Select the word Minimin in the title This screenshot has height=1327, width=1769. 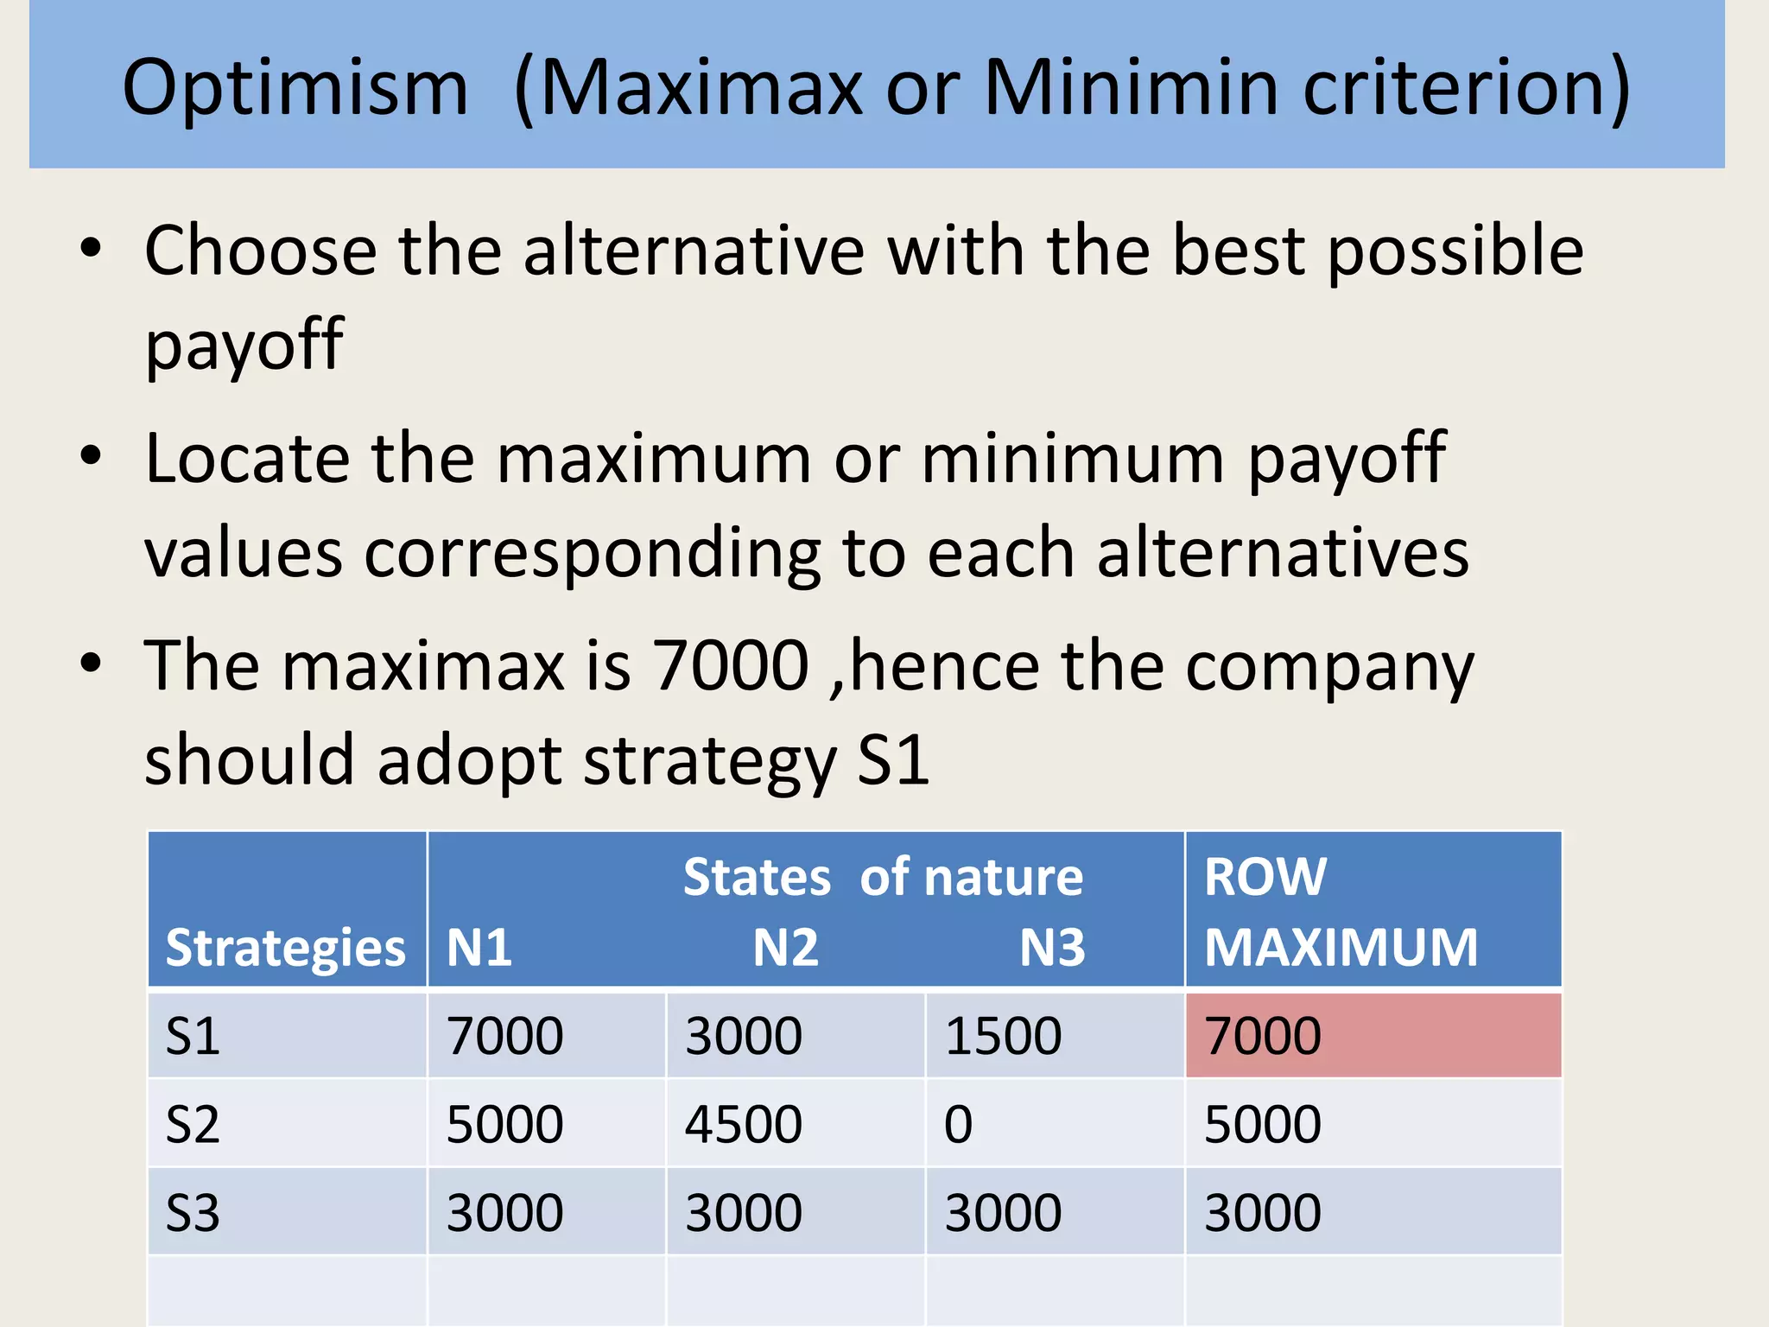1131,87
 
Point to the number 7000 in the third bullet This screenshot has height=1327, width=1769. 730,666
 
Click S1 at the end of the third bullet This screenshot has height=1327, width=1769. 893,760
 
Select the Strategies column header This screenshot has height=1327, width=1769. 285,948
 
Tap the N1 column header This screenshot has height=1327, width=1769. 479,948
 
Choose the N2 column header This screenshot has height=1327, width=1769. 785,948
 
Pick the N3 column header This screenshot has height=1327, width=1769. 1051,948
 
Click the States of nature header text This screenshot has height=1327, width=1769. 882,877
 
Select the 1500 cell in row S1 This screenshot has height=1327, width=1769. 1003,1035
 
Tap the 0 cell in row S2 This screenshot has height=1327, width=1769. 958,1124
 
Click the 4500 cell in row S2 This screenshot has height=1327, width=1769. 744,1124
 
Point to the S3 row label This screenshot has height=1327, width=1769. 193,1212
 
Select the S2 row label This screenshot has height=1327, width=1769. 193,1124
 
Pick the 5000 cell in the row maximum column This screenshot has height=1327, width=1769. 1263,1124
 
